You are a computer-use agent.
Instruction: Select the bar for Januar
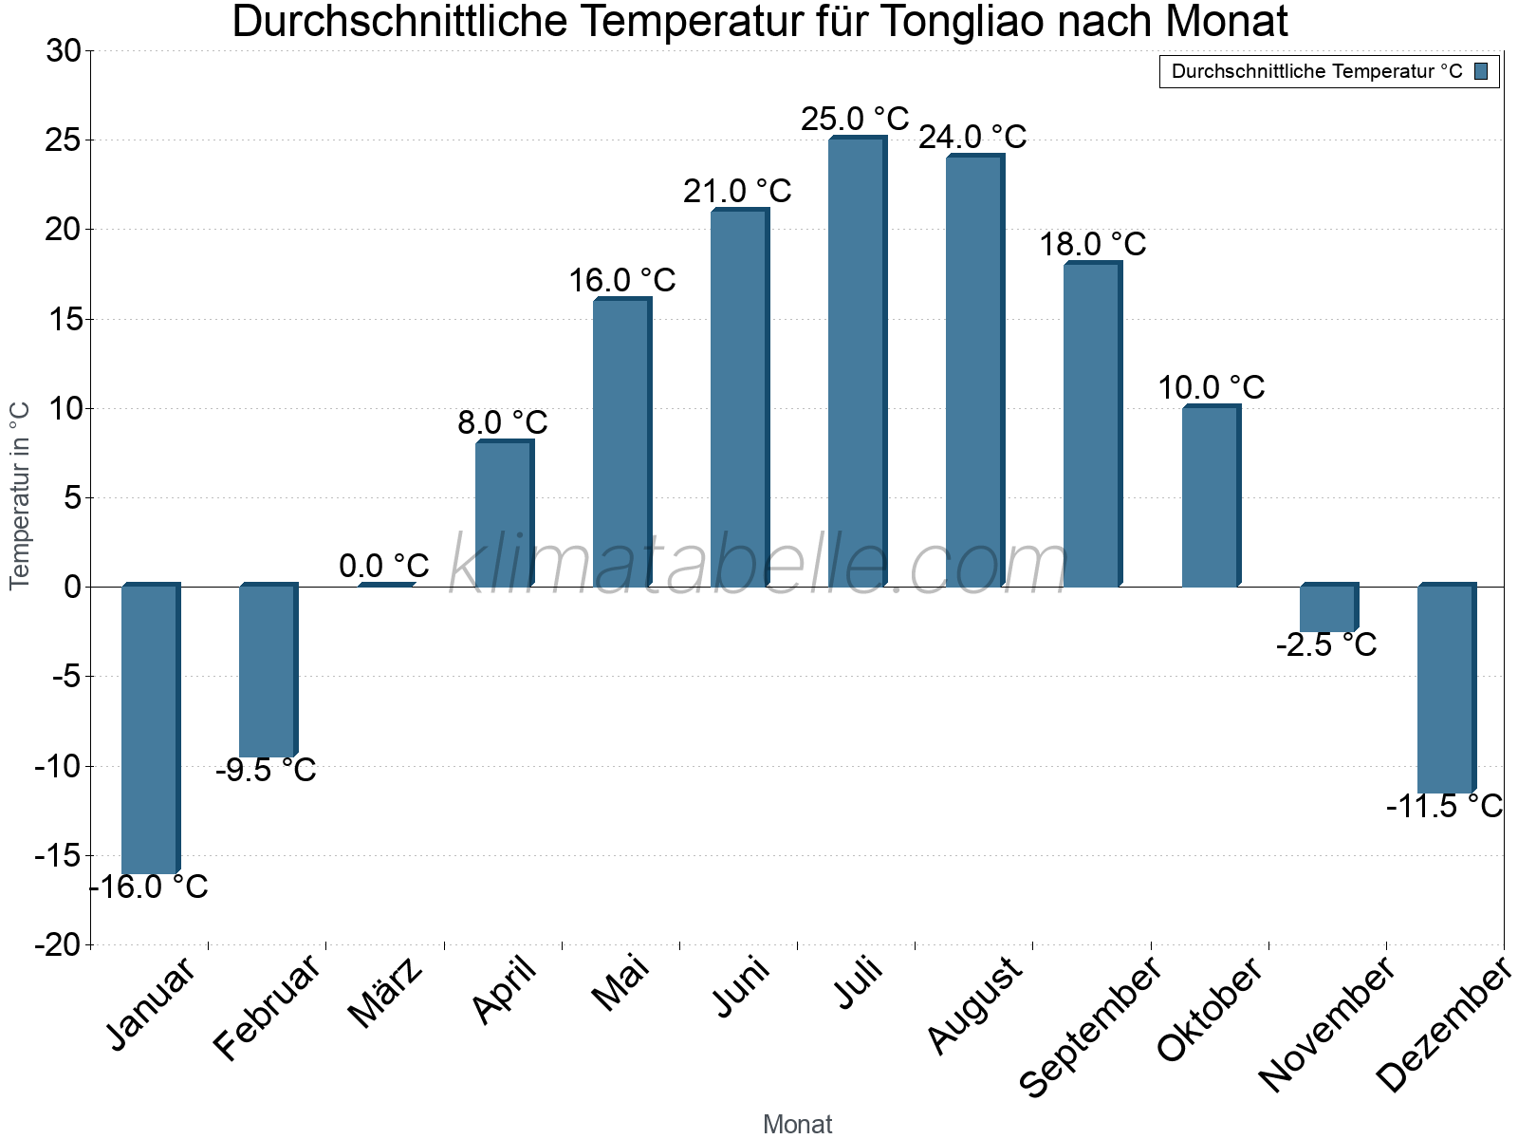150,729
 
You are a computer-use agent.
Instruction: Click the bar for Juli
857,362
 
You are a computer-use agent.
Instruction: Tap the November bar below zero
1328,608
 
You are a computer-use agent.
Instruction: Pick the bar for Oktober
1211,496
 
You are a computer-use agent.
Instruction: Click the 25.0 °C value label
855,120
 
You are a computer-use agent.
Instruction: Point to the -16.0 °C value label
150,887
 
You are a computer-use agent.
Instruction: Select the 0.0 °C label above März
384,567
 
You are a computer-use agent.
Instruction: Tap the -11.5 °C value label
1444,807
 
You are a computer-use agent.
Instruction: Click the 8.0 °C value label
503,423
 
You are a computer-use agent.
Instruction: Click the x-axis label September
1091,1025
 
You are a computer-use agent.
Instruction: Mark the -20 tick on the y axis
59,945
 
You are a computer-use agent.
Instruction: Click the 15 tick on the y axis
65,320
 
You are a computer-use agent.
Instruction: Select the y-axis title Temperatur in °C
20,495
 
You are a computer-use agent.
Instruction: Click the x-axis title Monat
797,1124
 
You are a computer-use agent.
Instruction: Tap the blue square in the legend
1481,71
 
